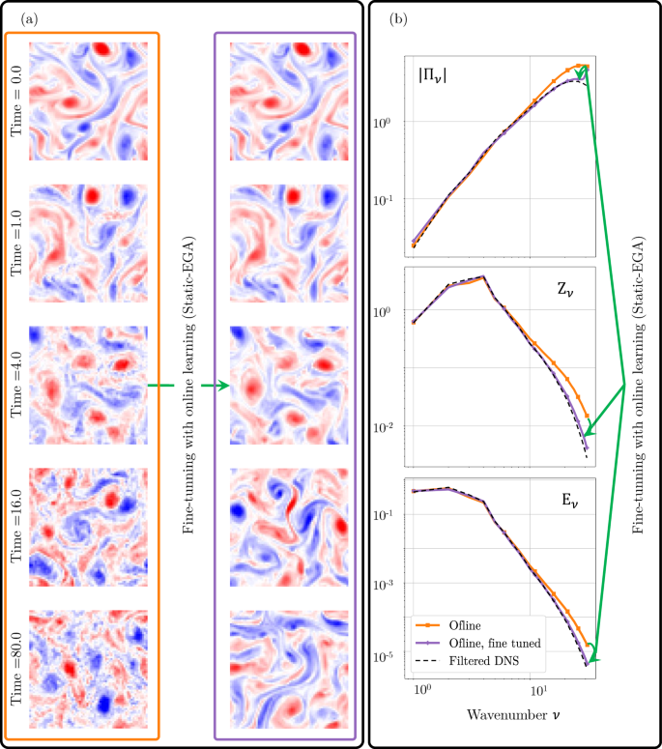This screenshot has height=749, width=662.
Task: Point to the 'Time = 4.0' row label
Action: [17, 385]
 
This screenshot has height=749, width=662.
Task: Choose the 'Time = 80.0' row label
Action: [17, 668]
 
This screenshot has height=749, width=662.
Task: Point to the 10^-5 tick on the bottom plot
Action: [385, 656]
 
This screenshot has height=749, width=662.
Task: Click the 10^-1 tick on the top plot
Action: [385, 199]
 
